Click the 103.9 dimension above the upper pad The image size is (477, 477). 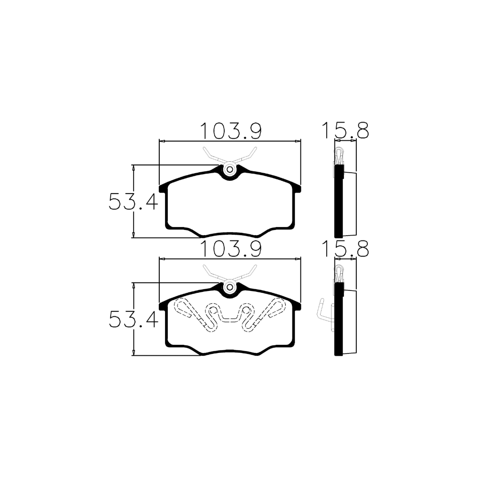pyautogui.click(x=231, y=131)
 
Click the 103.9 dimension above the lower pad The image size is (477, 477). pyautogui.click(x=231, y=249)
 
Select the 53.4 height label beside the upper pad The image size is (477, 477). pyautogui.click(x=133, y=202)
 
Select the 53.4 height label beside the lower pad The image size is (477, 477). pyautogui.click(x=133, y=320)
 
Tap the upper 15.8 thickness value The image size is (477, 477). pyautogui.click(x=345, y=131)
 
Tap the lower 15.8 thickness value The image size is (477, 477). pyautogui.click(x=345, y=249)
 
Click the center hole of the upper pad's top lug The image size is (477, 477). pyautogui.click(x=230, y=169)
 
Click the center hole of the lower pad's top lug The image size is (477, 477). pyautogui.click(x=230, y=287)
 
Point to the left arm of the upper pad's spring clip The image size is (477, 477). pyautogui.click(x=214, y=156)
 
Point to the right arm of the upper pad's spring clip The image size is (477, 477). pyautogui.click(x=245, y=156)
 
